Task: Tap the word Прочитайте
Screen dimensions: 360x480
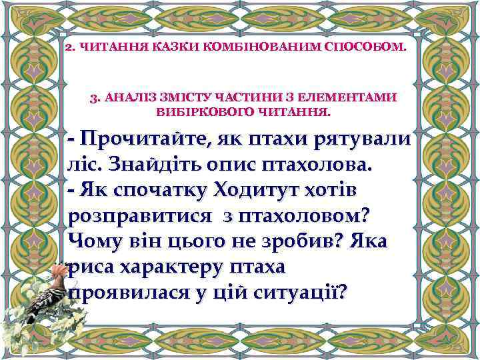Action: point(140,139)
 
